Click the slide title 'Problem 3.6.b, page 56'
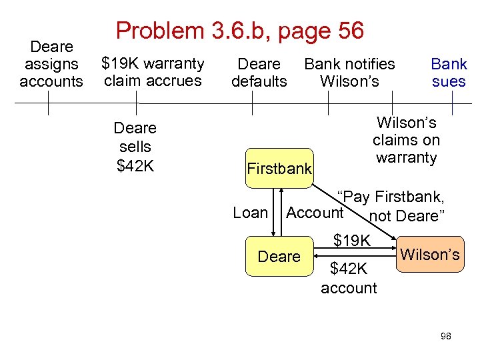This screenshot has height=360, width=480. coord(240,30)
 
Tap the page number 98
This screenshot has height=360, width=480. coord(446,336)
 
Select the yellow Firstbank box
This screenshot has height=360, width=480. coord(279,168)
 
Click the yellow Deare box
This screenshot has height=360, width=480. coord(279,256)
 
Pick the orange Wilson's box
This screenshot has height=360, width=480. coord(430,254)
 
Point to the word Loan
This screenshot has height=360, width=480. coord(250,213)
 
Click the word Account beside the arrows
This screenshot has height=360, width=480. coord(315,213)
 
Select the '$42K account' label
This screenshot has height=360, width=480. coord(349,278)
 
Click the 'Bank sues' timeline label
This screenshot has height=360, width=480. coord(449,73)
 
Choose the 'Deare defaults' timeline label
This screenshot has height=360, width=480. coord(259,73)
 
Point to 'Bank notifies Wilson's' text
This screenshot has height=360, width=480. coord(349,73)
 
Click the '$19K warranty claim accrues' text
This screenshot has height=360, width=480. coord(152,72)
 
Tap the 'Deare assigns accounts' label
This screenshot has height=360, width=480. coord(51,64)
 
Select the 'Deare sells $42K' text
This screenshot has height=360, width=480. coord(135,147)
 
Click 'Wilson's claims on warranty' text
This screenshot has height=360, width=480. coord(406,140)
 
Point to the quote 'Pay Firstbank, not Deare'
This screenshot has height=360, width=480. coord(393,206)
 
